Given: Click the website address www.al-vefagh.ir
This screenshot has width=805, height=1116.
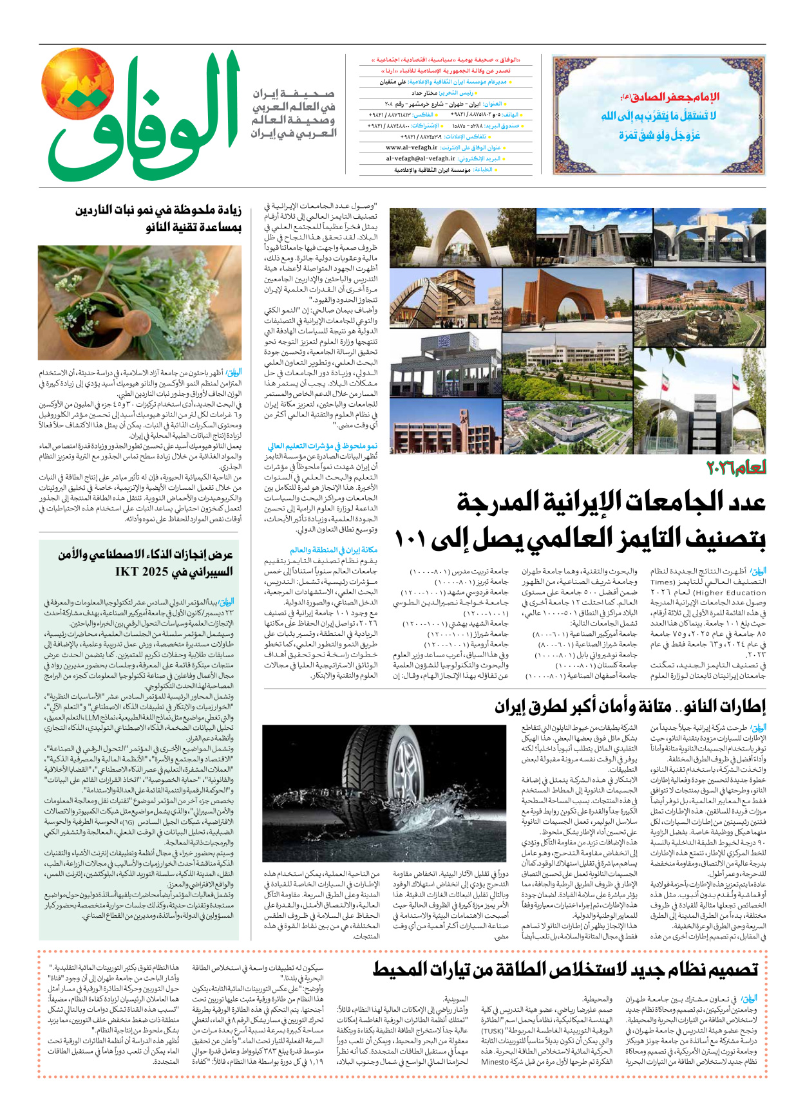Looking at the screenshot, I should coord(412,147).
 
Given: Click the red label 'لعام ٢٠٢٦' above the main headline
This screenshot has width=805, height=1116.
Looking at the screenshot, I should coord(737,468).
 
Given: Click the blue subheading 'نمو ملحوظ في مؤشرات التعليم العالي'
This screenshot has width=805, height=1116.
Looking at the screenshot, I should coord(323,446).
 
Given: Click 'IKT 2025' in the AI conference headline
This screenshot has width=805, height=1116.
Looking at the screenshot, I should coord(142,572).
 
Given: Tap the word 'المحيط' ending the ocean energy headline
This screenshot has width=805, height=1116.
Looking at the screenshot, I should coord(402,969).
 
